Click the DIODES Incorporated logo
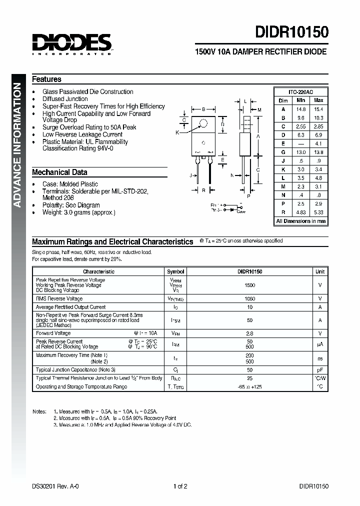pos(72,43)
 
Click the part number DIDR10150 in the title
pos(292,32)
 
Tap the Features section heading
pos(46,79)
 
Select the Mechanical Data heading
pos(59,172)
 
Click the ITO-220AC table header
pos(300,92)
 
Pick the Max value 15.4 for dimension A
pos(318,109)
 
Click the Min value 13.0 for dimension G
pos(301,152)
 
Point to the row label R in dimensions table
pos(283,211)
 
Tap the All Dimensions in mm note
pos(300,221)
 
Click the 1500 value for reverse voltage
pos(250,285)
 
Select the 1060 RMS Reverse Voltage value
pos(250,298)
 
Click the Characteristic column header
pos(98,271)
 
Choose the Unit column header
pos(319,271)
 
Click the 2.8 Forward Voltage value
pos(250,333)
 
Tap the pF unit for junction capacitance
pos(319,369)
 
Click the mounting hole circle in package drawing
pos(203,123)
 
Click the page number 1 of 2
pos(180,486)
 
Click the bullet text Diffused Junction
pos(65,99)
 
